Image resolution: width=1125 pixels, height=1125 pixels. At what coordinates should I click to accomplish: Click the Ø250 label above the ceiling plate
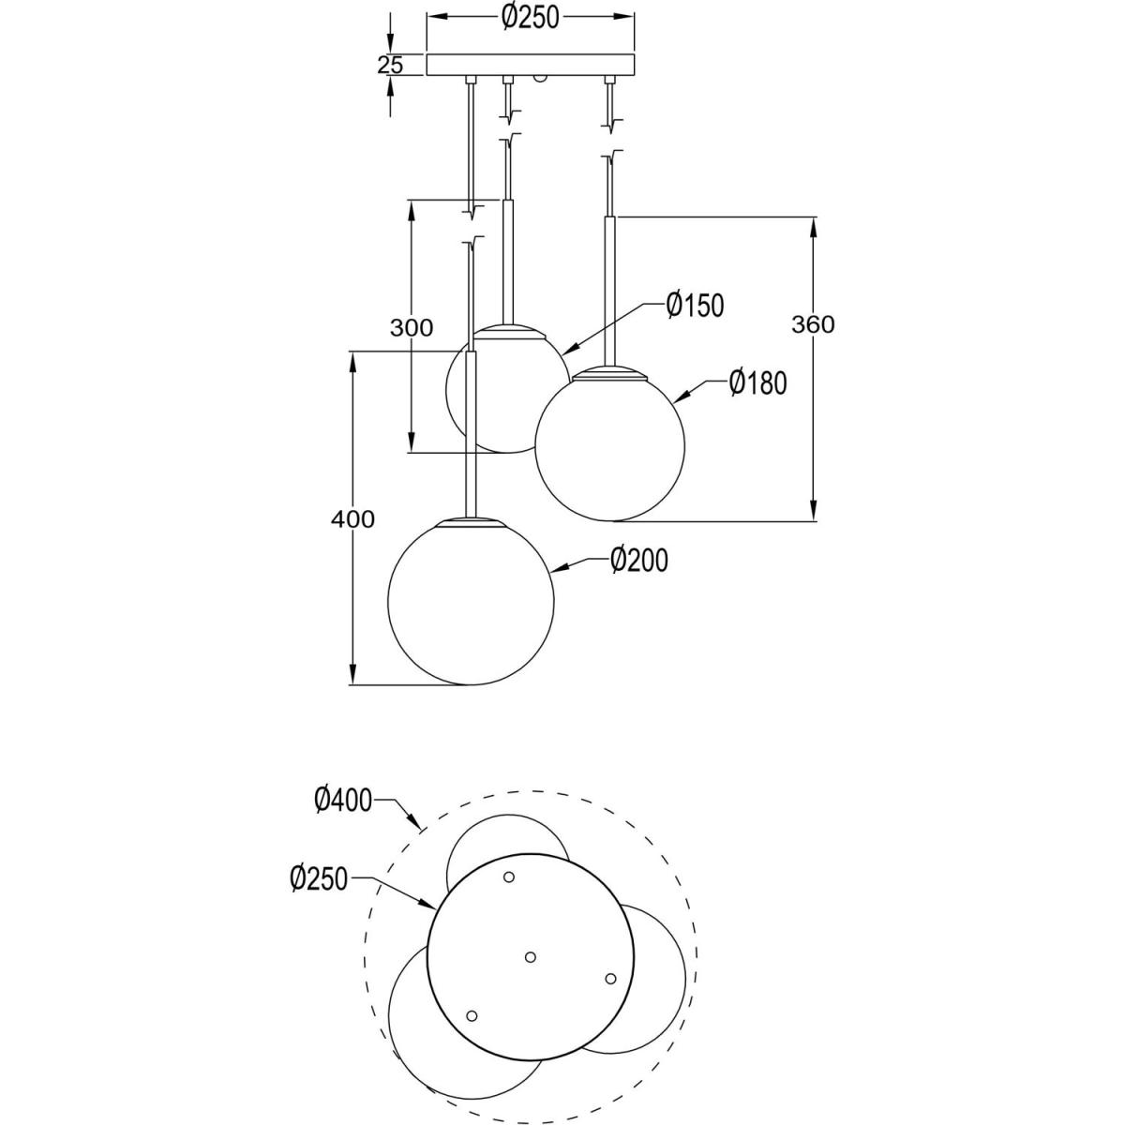pyautogui.click(x=530, y=18)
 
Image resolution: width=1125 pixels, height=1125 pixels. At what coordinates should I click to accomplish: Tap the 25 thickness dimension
pyautogui.click(x=390, y=65)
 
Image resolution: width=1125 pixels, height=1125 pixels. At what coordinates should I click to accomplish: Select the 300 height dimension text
pyautogui.click(x=412, y=328)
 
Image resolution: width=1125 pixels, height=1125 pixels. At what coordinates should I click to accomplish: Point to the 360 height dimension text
pyautogui.click(x=813, y=324)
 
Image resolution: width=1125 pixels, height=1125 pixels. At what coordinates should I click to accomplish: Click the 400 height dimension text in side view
pyautogui.click(x=352, y=518)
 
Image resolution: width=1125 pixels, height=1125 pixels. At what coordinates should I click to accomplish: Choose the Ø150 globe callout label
pyautogui.click(x=695, y=306)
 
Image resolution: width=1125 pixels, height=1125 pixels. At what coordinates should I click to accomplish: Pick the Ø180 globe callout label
pyautogui.click(x=757, y=383)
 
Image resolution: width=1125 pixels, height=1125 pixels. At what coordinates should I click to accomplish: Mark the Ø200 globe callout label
pyautogui.click(x=639, y=561)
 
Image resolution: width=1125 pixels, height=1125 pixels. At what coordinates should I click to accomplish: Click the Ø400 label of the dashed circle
pyautogui.click(x=343, y=800)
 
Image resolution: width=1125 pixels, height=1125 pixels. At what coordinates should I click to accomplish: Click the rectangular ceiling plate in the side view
pyautogui.click(x=530, y=65)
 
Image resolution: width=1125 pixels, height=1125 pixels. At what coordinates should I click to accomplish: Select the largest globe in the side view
pyautogui.click(x=472, y=601)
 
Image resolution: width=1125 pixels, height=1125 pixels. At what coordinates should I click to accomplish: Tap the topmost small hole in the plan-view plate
pyautogui.click(x=508, y=877)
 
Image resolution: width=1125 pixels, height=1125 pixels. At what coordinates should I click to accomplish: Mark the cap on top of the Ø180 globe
pyautogui.click(x=610, y=373)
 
